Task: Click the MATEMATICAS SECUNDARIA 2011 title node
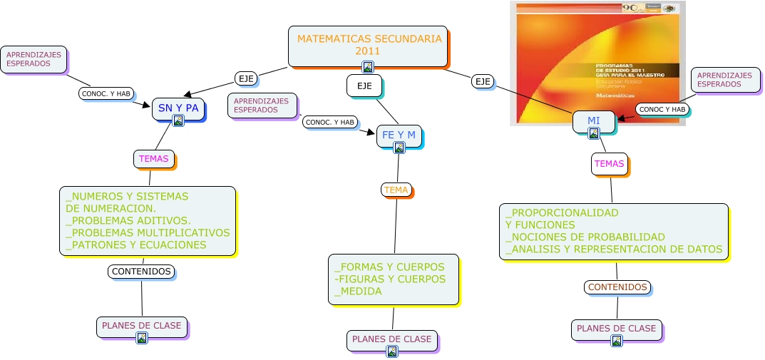pyautogui.click(x=368, y=46)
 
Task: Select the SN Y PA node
pyautogui.click(x=178, y=108)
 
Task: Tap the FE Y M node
pyautogui.click(x=399, y=135)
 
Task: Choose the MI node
pyautogui.click(x=594, y=120)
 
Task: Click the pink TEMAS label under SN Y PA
pyautogui.click(x=154, y=159)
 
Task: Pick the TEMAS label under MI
pyautogui.click(x=609, y=164)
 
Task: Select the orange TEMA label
pyautogui.click(x=396, y=190)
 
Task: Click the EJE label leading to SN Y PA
pyautogui.click(x=245, y=77)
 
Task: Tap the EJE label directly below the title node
pyautogui.click(x=364, y=86)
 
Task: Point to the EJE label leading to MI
pyautogui.click(x=483, y=81)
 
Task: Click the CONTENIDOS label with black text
pyautogui.click(x=141, y=272)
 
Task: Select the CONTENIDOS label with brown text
pyautogui.click(x=617, y=287)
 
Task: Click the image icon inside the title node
pyautogui.click(x=368, y=66)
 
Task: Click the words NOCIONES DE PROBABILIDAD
pyautogui.click(x=588, y=237)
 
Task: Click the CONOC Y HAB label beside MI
pyautogui.click(x=662, y=109)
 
